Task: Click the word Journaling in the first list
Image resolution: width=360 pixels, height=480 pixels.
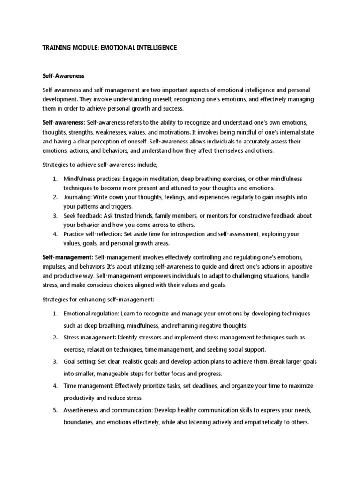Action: (78, 197)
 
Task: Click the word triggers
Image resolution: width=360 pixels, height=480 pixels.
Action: (120, 206)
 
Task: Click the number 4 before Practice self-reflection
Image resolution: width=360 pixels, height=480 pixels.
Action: (55, 234)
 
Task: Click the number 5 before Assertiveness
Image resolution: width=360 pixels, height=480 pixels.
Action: (55, 410)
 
